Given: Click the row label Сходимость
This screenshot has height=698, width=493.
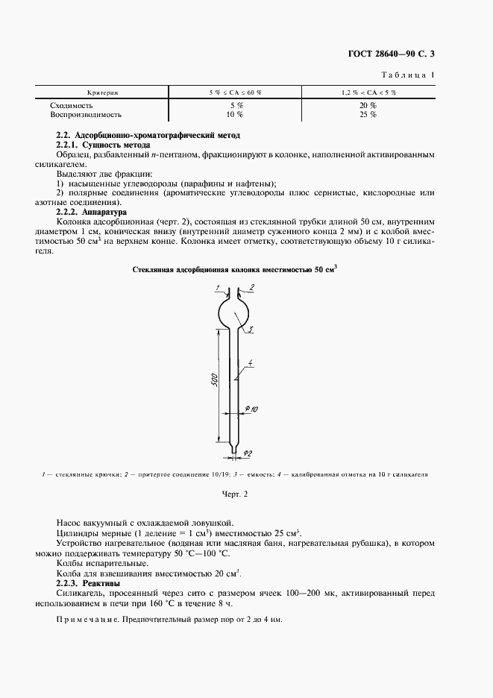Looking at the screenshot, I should click(x=71, y=105).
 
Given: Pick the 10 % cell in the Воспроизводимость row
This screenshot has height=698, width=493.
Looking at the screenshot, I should click(x=234, y=115).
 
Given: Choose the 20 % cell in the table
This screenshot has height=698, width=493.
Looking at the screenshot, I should click(x=368, y=105).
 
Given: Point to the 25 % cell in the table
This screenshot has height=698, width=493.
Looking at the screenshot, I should click(x=368, y=115).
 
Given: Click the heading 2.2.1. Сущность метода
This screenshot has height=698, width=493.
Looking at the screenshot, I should click(x=104, y=144).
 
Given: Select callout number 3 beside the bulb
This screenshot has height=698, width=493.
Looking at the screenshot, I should click(x=251, y=329).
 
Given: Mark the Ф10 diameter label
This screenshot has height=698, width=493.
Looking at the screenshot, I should click(x=251, y=409).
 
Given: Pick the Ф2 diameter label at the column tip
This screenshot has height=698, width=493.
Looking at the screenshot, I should click(x=248, y=453).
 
